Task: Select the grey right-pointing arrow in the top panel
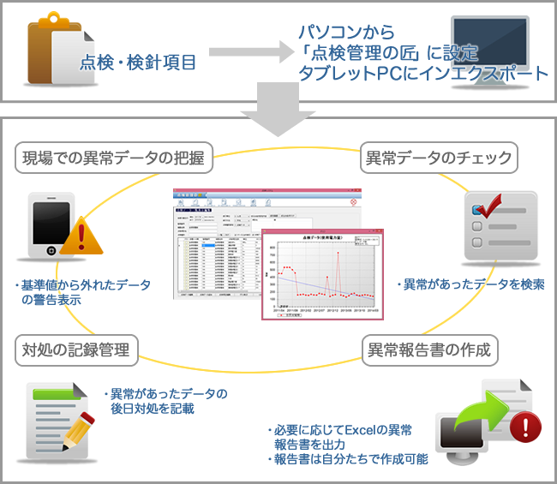[245, 53]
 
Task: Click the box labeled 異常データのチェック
[438, 157]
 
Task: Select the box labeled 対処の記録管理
[76, 350]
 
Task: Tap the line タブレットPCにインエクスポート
[422, 75]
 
